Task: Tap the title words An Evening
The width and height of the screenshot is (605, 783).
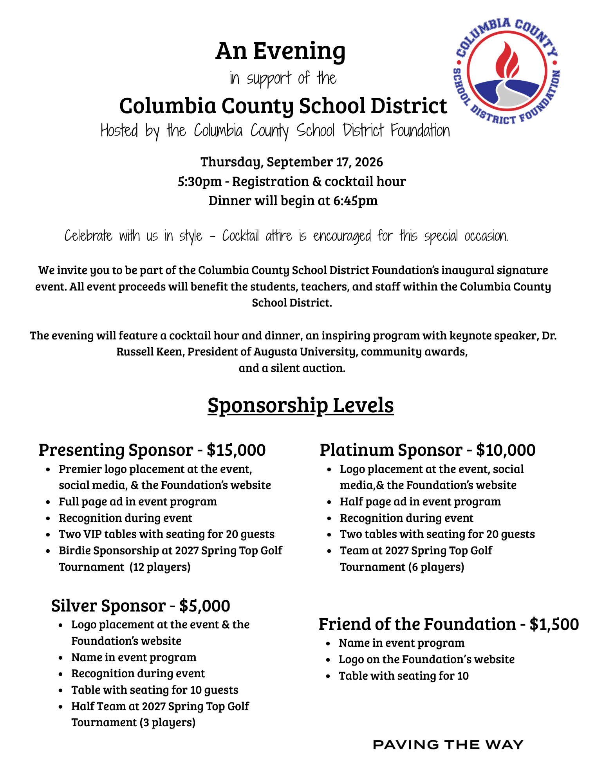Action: click(x=280, y=51)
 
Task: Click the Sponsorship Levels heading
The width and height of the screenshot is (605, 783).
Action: click(x=300, y=405)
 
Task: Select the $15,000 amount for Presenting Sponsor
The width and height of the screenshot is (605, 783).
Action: click(x=236, y=450)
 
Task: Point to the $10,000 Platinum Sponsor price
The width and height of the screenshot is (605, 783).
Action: click(x=506, y=450)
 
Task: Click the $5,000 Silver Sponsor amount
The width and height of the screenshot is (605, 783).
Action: click(x=204, y=606)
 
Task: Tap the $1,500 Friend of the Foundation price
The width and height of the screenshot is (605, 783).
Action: click(x=554, y=624)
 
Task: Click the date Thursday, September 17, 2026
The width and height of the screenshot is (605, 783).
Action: click(x=292, y=162)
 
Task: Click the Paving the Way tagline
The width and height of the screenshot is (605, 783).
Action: click(x=448, y=745)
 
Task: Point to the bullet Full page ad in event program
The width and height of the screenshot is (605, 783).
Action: click(x=137, y=502)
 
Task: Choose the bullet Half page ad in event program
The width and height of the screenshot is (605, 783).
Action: click(x=420, y=502)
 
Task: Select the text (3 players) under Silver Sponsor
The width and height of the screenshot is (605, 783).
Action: click(x=167, y=722)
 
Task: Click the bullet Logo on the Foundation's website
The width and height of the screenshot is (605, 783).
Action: click(x=426, y=659)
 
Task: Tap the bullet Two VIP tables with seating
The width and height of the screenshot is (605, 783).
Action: click(x=166, y=534)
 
